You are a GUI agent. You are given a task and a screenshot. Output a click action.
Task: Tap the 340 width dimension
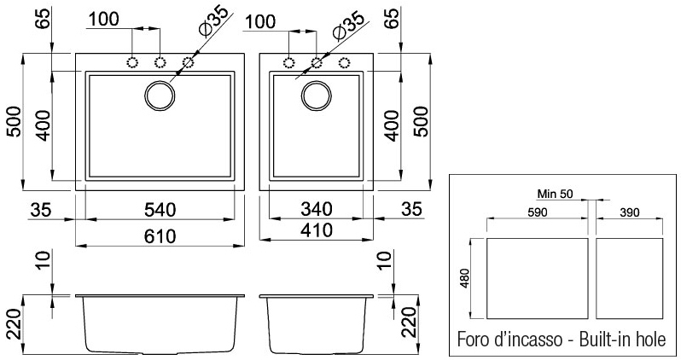click(316, 207)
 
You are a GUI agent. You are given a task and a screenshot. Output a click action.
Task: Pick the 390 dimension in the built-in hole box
click(629, 211)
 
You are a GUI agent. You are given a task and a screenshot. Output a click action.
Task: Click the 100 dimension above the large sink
click(103, 18)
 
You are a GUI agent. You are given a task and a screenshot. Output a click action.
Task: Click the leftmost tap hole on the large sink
click(133, 61)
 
